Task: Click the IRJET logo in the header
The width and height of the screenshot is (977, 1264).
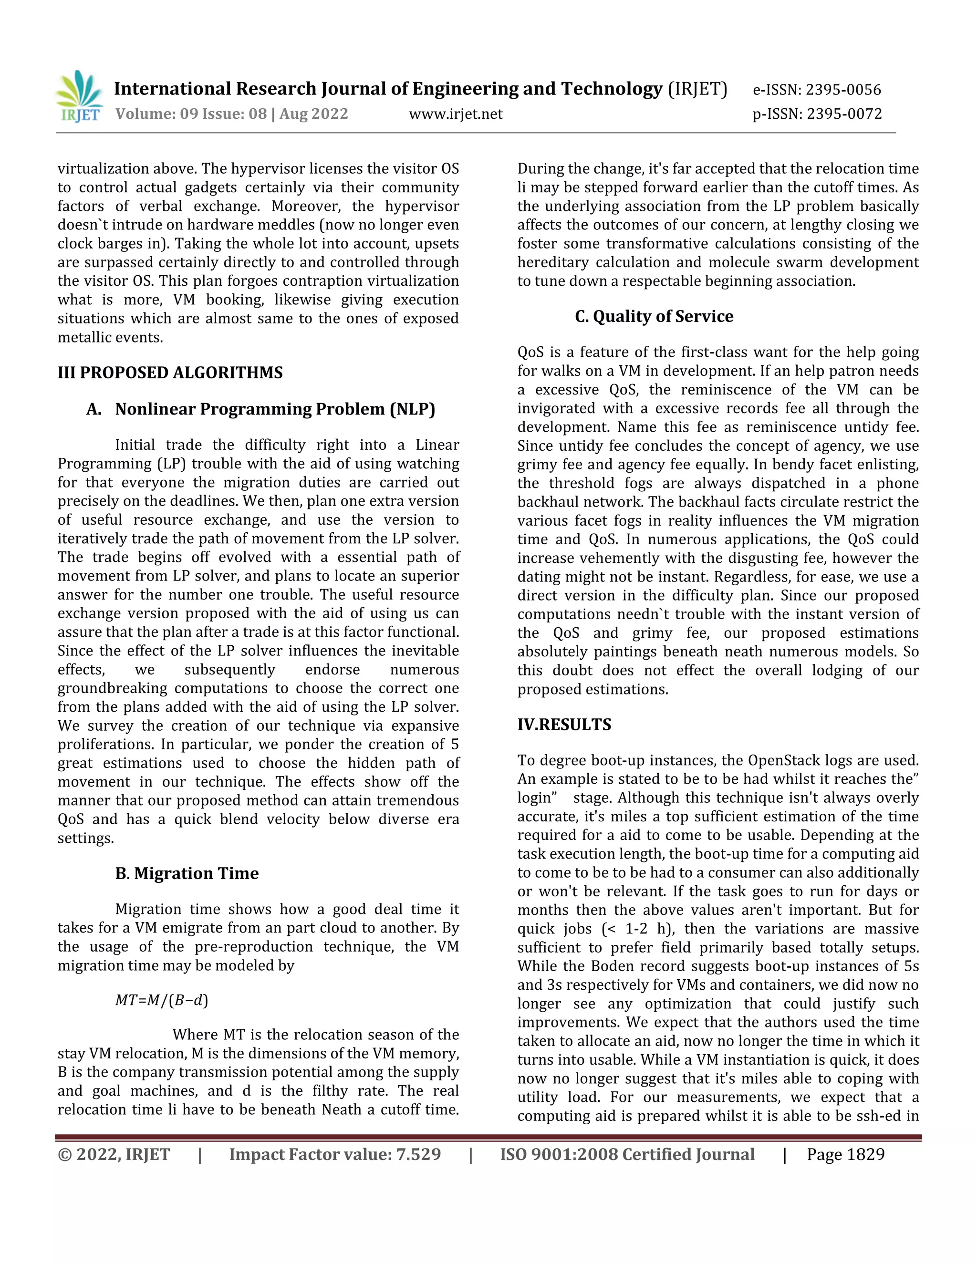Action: [79, 97]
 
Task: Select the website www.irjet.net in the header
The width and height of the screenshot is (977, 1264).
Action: [456, 114]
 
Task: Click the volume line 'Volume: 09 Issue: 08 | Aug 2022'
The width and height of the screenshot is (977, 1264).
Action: [231, 114]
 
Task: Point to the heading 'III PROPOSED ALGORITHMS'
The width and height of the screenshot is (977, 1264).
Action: [170, 373]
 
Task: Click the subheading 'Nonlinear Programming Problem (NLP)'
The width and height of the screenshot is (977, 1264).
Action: [275, 409]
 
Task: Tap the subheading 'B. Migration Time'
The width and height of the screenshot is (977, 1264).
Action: [187, 873]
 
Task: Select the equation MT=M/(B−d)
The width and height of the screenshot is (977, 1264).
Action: [162, 1000]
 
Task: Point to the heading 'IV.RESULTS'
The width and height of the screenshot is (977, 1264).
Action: [564, 725]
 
